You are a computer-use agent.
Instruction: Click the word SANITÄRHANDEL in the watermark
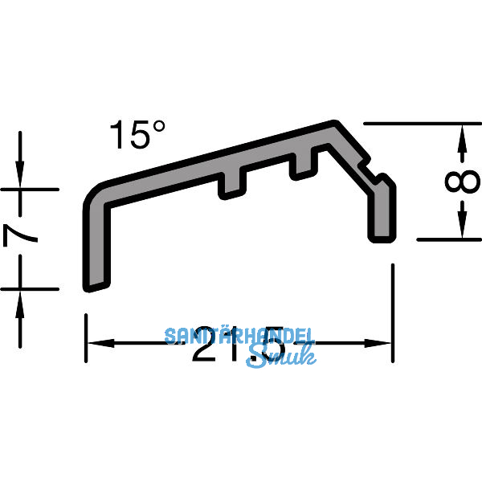(240, 336)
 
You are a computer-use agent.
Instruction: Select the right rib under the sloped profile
(303, 164)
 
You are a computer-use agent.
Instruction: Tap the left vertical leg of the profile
(93, 241)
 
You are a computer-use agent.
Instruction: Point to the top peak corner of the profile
(335, 125)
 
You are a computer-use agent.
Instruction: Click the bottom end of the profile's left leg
(95, 284)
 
